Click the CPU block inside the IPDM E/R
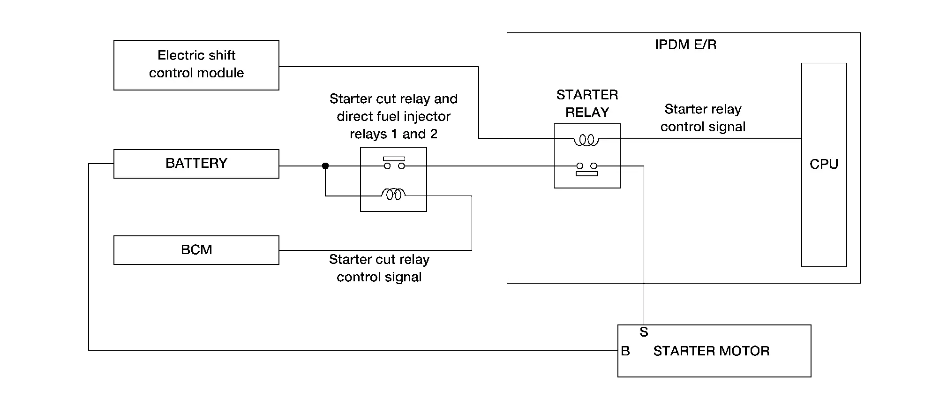coord(824,165)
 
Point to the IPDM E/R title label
coord(685,45)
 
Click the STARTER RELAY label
coord(587,103)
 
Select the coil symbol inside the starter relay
coord(586,140)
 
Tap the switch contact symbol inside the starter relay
coord(586,169)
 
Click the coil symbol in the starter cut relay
coord(393,194)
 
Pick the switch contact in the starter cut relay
coord(394,163)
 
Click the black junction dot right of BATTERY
coord(325,166)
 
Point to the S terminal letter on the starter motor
coord(644,332)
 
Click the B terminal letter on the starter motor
coord(625,351)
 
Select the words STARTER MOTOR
coord(711,351)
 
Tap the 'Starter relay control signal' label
coord(703,118)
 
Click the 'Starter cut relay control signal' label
coord(379,268)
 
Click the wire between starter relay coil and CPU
coord(700,139)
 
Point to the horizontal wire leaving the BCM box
coord(375,250)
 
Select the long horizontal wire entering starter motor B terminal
coord(353,350)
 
